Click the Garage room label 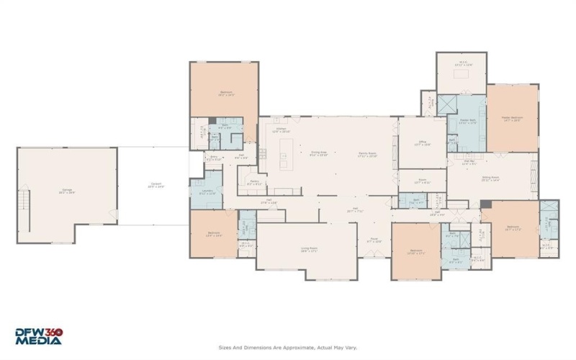(66, 191)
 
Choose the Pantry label (255, 183)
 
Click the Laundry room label (207, 192)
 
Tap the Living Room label (310, 249)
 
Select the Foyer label (374, 240)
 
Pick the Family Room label (368, 154)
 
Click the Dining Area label (319, 154)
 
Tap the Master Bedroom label (513, 118)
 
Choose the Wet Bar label (469, 163)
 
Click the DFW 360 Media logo (40, 336)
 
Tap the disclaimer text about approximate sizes (287, 347)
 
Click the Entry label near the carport (214, 158)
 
